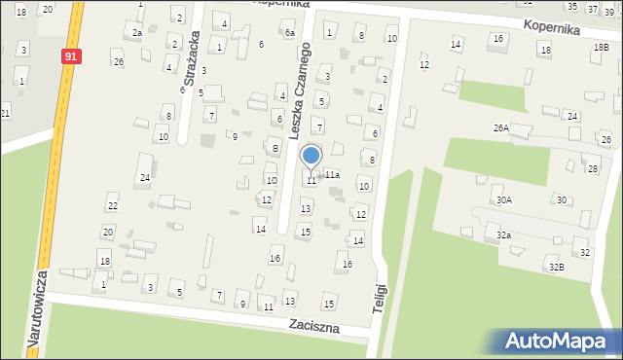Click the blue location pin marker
(x=311, y=157)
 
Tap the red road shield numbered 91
(x=70, y=56)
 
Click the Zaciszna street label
(x=313, y=328)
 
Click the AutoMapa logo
(x=559, y=342)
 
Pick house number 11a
(x=332, y=175)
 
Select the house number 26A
(x=500, y=128)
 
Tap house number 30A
(x=503, y=199)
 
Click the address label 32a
(x=503, y=235)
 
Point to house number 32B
(x=555, y=267)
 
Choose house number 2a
(x=137, y=33)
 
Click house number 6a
(x=290, y=33)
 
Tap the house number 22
(x=112, y=205)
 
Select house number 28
(x=592, y=169)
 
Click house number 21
(x=5, y=114)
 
